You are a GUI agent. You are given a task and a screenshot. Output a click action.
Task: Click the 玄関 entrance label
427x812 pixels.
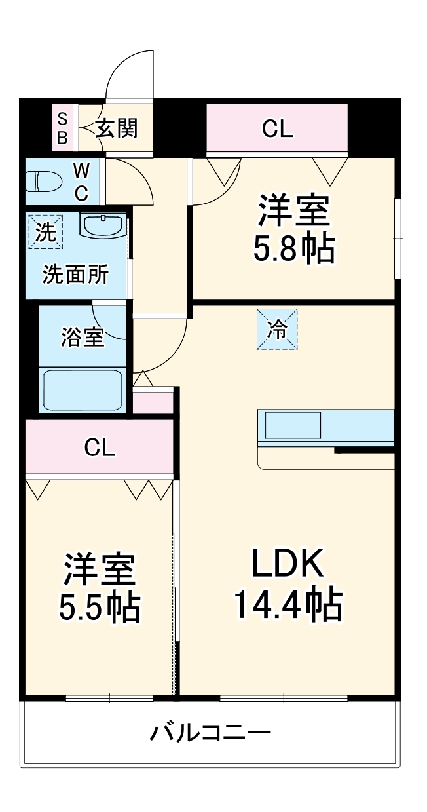(117, 128)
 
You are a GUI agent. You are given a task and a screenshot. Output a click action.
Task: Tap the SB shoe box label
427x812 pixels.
(62, 128)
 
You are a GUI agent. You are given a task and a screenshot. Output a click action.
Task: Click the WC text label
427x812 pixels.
(81, 182)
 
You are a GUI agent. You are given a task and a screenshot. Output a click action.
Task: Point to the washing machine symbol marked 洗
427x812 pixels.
(45, 233)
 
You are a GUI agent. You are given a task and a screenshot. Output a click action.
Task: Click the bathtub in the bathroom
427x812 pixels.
(82, 391)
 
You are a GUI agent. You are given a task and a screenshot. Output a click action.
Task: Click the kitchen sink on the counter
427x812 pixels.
(293, 425)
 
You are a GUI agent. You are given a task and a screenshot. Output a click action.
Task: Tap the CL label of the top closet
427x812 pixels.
(277, 129)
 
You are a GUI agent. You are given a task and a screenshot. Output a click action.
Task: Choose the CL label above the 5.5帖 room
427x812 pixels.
(100, 448)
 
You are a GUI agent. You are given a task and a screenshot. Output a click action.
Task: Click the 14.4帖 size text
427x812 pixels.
(288, 606)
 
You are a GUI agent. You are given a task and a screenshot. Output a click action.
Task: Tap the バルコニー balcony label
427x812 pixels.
(210, 732)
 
